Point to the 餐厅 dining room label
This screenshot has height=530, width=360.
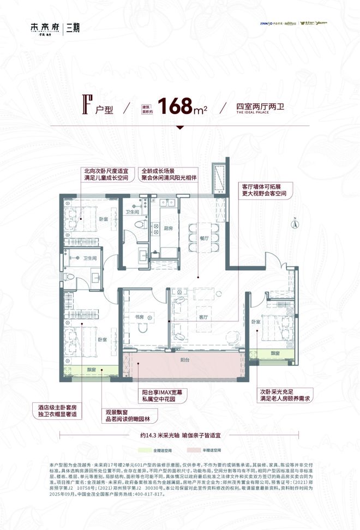point(204,237)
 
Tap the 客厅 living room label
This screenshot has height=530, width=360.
point(203,317)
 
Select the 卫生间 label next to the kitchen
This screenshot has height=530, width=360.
point(131,212)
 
